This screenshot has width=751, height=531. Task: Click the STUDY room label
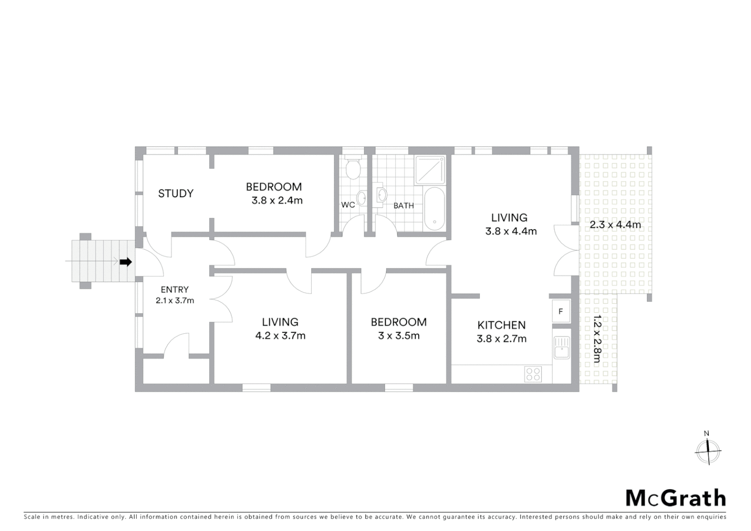tap(175, 194)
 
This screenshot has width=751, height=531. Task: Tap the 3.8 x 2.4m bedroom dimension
tap(277, 201)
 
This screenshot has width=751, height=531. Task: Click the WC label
tap(348, 205)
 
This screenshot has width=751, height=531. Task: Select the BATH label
tap(404, 206)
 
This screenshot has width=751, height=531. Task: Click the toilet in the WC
tap(352, 169)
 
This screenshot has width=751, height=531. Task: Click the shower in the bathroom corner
tap(431, 170)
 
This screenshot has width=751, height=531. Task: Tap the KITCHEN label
tap(501, 325)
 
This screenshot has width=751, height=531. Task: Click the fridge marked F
tap(561, 311)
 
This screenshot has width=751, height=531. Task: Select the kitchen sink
tap(561, 347)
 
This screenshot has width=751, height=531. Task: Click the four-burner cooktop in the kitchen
tap(533, 374)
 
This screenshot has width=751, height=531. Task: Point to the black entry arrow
tap(126, 262)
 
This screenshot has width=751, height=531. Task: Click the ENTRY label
tap(174, 290)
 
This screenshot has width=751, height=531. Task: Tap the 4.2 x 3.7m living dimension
tap(280, 336)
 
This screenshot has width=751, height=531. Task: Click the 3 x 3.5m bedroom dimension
tap(399, 336)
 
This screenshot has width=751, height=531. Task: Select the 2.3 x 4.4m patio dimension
tap(615, 225)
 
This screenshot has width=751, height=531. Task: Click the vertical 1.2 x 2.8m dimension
tap(596, 339)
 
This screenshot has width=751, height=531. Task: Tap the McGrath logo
tap(675, 498)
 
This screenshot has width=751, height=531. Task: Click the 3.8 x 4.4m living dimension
tap(511, 231)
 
